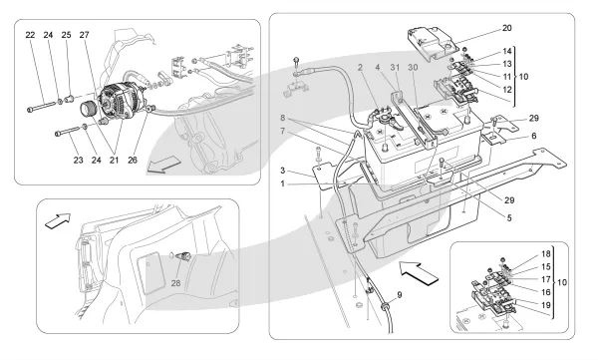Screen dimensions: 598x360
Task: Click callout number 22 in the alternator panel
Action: coord(30,35)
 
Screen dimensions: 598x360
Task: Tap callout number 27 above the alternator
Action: coord(85,35)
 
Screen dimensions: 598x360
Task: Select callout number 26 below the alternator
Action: coord(133,160)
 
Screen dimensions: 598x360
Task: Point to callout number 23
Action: coord(78,160)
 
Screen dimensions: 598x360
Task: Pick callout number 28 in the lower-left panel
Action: coord(175,283)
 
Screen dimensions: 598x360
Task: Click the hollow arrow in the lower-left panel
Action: coord(58,221)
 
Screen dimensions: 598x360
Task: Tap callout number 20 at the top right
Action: coord(507,28)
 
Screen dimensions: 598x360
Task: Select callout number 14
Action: coord(507,51)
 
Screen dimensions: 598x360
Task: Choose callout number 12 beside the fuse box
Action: coord(507,90)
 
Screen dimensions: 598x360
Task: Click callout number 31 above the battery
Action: coord(395,67)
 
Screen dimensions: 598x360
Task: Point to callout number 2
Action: coord(360,67)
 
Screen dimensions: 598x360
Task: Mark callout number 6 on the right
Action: coord(533,136)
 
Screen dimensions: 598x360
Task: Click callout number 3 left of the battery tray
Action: coord(283,171)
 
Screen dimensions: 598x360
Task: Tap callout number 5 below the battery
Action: coord(509,218)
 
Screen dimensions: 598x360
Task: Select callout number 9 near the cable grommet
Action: coord(400,295)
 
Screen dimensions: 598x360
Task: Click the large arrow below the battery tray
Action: coord(419,273)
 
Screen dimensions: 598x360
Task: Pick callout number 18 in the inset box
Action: coord(546,254)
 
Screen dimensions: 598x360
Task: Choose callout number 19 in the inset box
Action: coord(546,305)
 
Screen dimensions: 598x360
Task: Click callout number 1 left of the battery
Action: coord(283,183)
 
